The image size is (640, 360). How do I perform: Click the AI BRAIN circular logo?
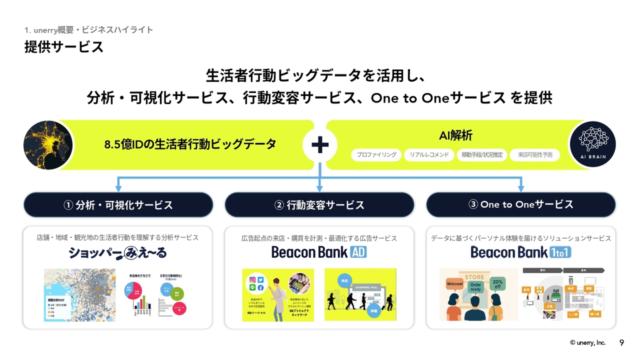[592, 144]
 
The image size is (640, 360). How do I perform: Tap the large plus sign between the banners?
[320, 145]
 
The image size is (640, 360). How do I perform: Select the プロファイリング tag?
[376, 155]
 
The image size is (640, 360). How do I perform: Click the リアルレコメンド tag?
[429, 155]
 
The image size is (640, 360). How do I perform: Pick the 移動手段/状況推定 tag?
[482, 155]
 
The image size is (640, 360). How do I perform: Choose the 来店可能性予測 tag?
[535, 155]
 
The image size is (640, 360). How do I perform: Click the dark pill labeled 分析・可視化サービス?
[118, 205]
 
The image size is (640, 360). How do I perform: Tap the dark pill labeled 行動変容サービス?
[319, 205]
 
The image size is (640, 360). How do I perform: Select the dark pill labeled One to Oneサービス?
[521, 204]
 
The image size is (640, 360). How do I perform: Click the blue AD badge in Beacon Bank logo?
[358, 252]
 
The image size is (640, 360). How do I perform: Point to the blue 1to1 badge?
[561, 252]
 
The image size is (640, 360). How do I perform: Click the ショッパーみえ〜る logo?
[118, 253]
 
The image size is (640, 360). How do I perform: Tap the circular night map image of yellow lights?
[48, 145]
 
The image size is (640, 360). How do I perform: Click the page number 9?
[621, 342]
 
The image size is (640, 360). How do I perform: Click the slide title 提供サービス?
[64, 47]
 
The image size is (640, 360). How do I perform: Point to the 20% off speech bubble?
[497, 284]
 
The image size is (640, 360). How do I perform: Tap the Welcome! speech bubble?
[454, 284]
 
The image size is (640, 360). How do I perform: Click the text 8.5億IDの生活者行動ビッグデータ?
[190, 144]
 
